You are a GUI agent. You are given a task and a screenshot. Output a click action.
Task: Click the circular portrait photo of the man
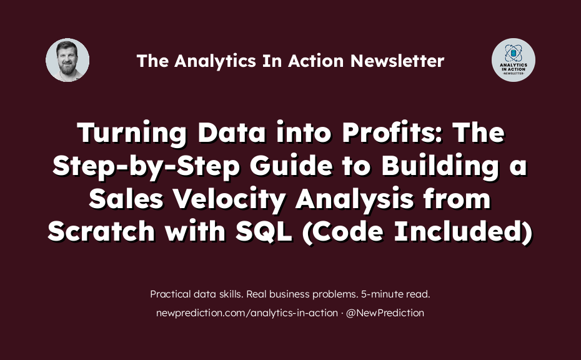coord(67,60)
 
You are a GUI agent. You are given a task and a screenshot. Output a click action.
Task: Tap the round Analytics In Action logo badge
coord(513,60)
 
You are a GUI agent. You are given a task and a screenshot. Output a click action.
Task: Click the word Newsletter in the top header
coord(397,61)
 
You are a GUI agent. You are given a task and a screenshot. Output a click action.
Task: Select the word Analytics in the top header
coord(215,61)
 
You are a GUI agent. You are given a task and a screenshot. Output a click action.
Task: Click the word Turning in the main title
coord(132,132)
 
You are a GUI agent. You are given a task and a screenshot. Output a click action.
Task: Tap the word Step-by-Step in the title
coord(146,166)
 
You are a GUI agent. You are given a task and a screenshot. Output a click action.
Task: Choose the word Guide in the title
coord(291,166)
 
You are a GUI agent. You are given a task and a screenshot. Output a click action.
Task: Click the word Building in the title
coord(440,166)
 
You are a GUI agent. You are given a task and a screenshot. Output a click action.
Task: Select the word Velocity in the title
coord(229,199)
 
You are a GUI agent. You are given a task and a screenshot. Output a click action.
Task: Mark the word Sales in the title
coord(126,199)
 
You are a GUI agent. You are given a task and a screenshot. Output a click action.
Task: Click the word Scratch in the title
coord(101,232)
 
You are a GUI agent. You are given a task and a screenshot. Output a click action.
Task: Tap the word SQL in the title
coord(264,232)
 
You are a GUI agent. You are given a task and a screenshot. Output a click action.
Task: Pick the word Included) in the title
coord(463,232)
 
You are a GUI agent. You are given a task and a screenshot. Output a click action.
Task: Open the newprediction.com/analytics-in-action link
coord(247,313)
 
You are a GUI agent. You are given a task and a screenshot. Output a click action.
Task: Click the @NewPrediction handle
coord(385,313)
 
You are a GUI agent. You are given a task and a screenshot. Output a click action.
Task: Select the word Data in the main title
coord(232,132)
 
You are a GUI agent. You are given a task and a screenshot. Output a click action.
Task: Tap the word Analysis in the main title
coord(354,199)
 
